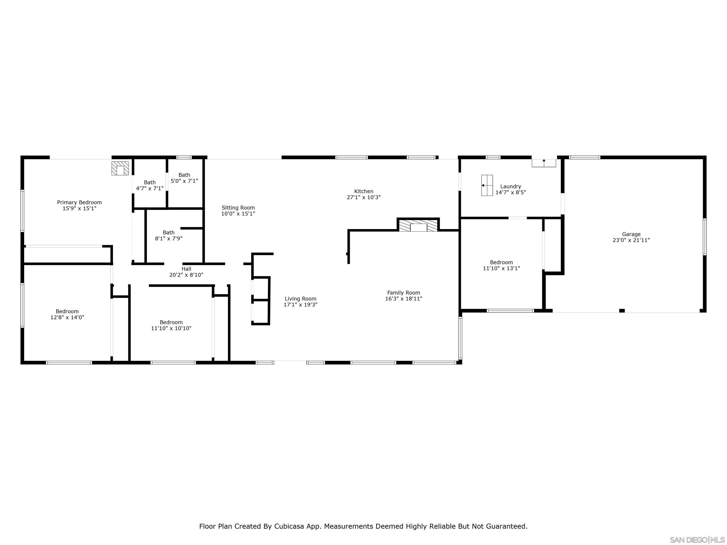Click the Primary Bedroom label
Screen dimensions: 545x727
79,202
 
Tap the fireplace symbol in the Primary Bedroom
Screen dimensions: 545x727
120,168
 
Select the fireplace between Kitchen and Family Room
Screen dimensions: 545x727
418,226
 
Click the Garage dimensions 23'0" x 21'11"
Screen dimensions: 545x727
631,240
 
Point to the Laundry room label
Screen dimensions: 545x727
510,186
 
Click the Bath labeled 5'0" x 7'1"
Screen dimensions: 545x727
184,178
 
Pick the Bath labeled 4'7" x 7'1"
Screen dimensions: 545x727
150,185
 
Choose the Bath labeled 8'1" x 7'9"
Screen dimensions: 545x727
168,236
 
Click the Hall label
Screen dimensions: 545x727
186,269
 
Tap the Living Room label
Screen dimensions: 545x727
300,299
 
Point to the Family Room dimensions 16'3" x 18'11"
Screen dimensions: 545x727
403,299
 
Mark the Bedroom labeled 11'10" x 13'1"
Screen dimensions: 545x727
501,265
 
